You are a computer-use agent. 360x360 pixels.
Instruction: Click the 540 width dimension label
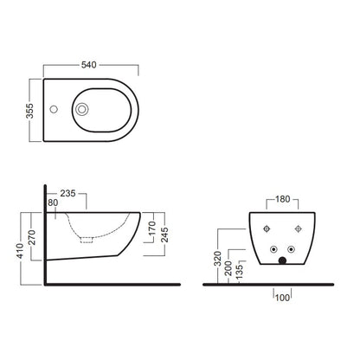pyautogui.click(x=88, y=65)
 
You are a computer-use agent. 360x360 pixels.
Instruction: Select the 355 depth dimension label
pyautogui.click(x=29, y=111)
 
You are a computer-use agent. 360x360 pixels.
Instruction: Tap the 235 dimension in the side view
pyautogui.click(x=67, y=193)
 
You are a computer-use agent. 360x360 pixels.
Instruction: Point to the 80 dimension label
pyautogui.click(x=53, y=202)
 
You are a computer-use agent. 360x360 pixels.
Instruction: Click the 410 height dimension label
pyautogui.click(x=20, y=251)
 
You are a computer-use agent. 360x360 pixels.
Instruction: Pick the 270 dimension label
pyautogui.click(x=32, y=237)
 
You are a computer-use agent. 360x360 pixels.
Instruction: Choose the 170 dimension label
pyautogui.click(x=152, y=228)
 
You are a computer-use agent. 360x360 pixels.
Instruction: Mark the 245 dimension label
pyautogui.click(x=164, y=235)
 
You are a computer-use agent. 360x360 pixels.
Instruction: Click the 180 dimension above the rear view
pyautogui.click(x=282, y=199)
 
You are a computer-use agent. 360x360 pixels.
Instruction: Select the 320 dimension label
pyautogui.click(x=217, y=259)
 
